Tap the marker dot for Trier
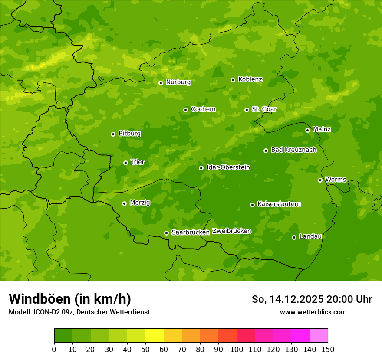tap(125, 163)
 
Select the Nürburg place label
tap(178, 82)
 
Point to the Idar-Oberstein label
tap(228, 167)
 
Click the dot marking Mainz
tap(307, 130)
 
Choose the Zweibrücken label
tap(231, 231)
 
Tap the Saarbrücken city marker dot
tap(166, 233)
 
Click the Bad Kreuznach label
tap(293, 150)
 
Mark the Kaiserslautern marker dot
tap(252, 205)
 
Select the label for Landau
tap(310, 236)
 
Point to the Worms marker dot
tap(320, 180)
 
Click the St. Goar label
tap(264, 109)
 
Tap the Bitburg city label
tap(129, 134)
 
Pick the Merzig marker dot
tap(124, 203)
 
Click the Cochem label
tap(203, 109)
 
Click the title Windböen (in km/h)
tap(70, 299)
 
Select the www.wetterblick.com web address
tap(313, 312)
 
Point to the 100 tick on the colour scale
tap(237, 349)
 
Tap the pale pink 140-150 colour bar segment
tap(319, 336)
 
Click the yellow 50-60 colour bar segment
tap(155, 336)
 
